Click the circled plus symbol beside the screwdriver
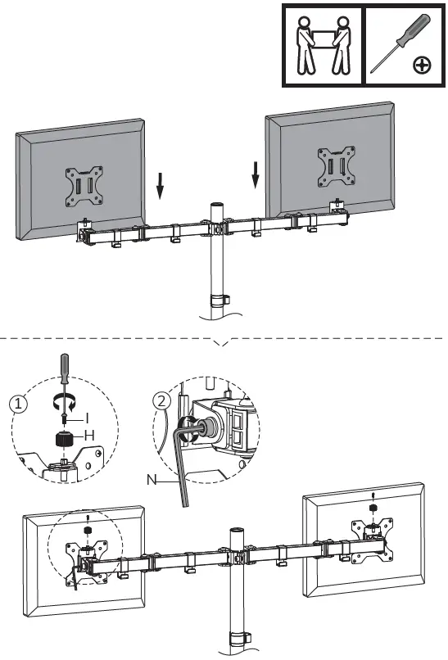[422, 64]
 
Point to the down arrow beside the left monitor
[161, 188]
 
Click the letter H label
[89, 435]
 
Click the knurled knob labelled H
[66, 438]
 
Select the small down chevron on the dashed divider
[221, 342]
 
